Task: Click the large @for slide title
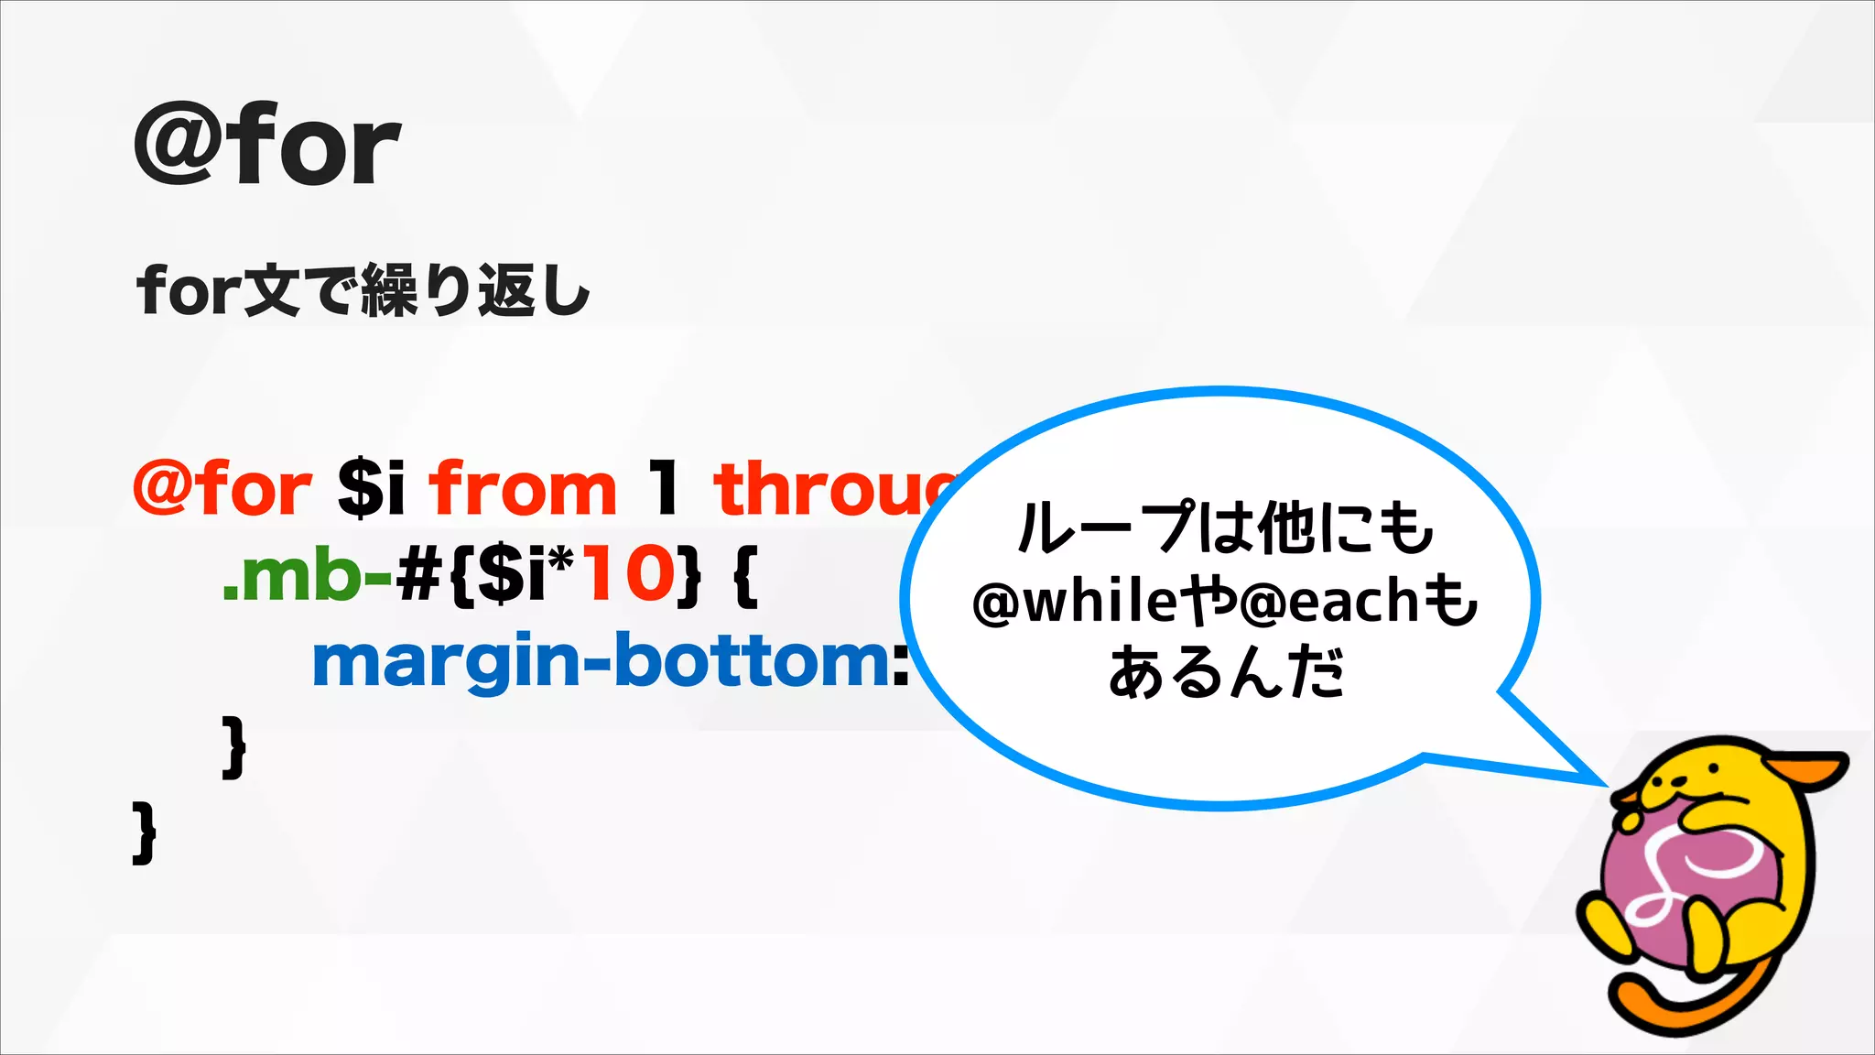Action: pyautogui.click(x=266, y=145)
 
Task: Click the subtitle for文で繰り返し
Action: pyautogui.click(x=363, y=290)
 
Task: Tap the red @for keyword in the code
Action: pyautogui.click(x=222, y=488)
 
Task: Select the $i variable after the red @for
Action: pyautogui.click(x=371, y=488)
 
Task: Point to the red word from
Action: pyautogui.click(x=524, y=488)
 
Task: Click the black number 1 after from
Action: pyautogui.click(x=665, y=488)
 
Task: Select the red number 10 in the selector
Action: pyautogui.click(x=628, y=574)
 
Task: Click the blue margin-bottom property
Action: pyautogui.click(x=610, y=661)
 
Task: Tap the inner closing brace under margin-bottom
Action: pyautogui.click(x=234, y=746)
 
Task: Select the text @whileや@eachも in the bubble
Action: pyautogui.click(x=1225, y=602)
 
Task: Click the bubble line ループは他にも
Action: pyautogui.click(x=1225, y=528)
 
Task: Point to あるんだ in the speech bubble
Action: pyautogui.click(x=1227, y=673)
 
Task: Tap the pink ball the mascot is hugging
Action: pyautogui.click(x=1675, y=879)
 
